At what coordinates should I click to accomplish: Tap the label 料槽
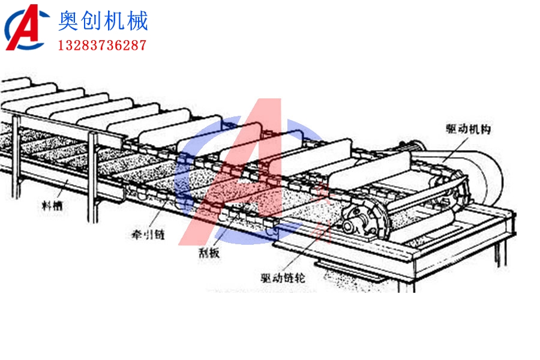point(51,206)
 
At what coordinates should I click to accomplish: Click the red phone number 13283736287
point(102,45)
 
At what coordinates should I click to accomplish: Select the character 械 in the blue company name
point(137,22)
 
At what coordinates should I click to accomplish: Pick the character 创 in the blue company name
point(92,22)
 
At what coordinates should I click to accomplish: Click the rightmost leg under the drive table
point(497,252)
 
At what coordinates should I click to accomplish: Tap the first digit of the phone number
point(61,45)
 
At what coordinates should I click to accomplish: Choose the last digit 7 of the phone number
point(143,45)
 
